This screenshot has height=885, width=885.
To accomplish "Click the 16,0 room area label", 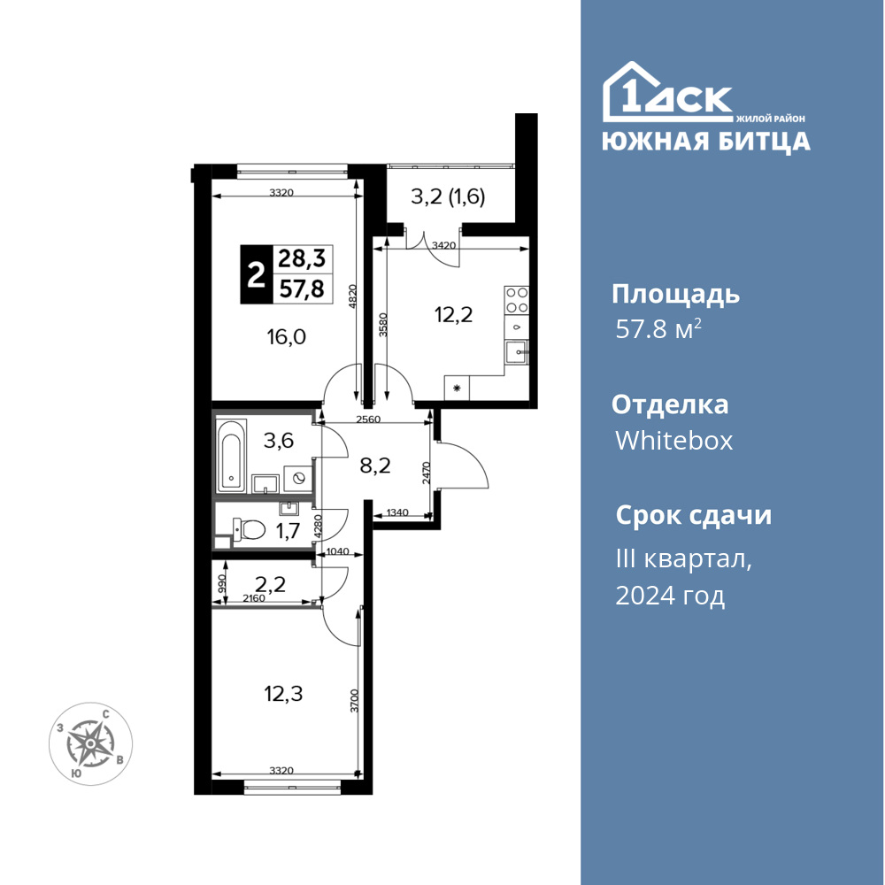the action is pos(286,337).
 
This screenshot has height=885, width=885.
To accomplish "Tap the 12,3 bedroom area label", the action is pos(283,694).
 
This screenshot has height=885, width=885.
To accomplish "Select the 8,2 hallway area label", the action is pos(375,466).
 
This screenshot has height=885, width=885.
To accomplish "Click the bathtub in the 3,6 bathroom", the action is pos(231,454).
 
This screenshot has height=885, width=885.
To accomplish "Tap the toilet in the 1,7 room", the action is pos(249,530).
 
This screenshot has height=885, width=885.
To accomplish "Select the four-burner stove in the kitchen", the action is pos(517,300).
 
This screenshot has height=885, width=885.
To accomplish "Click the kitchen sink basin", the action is pos(517,352).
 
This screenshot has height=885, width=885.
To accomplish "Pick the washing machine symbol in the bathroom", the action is pos(298,479).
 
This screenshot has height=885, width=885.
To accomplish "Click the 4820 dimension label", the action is pos(353,296).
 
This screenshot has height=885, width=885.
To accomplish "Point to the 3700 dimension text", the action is pos(354,700).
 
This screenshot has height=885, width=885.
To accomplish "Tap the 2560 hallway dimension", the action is pos(368,419).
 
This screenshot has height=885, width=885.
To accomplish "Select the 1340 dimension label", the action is pos(397,512).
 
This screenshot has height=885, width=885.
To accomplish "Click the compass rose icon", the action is pos(91,744).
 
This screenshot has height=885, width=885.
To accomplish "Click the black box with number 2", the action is pos(257,275).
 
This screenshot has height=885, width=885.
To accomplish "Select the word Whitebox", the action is pos(673,440).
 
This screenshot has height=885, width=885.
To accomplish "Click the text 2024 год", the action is pos(670,596).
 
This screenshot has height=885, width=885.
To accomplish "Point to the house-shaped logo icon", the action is pos(667,92).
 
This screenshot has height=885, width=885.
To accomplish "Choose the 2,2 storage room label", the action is pos(270,583).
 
